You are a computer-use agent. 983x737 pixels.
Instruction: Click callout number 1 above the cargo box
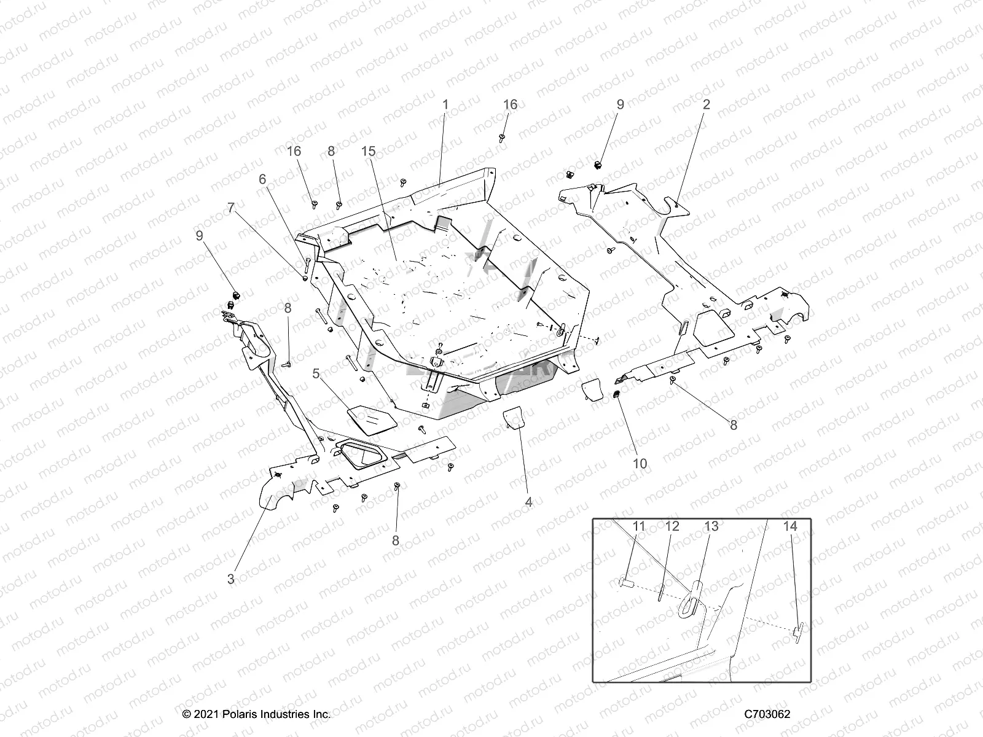[x=445, y=104]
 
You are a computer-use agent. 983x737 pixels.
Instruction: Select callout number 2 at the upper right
[x=706, y=104]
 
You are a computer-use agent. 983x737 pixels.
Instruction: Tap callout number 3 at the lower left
[x=230, y=579]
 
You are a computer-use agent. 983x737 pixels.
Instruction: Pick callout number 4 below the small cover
[x=528, y=502]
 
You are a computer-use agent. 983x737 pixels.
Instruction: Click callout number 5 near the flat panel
[x=316, y=373]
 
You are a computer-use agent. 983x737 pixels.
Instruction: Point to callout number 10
[x=640, y=464]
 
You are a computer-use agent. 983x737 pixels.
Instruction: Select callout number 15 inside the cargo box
[x=385, y=151]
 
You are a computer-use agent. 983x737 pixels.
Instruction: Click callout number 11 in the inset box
[x=639, y=526]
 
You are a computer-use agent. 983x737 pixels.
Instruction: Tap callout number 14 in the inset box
[x=790, y=526]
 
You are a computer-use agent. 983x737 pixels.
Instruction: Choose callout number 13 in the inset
[x=711, y=526]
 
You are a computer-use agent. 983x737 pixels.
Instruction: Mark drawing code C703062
[x=767, y=714]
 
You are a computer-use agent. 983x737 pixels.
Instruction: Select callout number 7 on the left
[x=231, y=208]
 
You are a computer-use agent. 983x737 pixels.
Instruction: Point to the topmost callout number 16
[x=510, y=104]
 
